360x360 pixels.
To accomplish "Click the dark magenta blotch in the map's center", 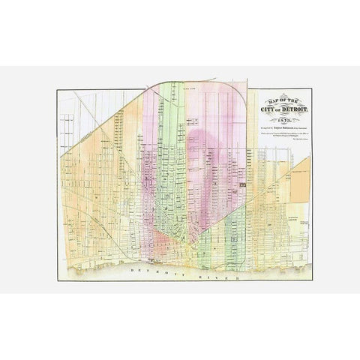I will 199,150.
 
